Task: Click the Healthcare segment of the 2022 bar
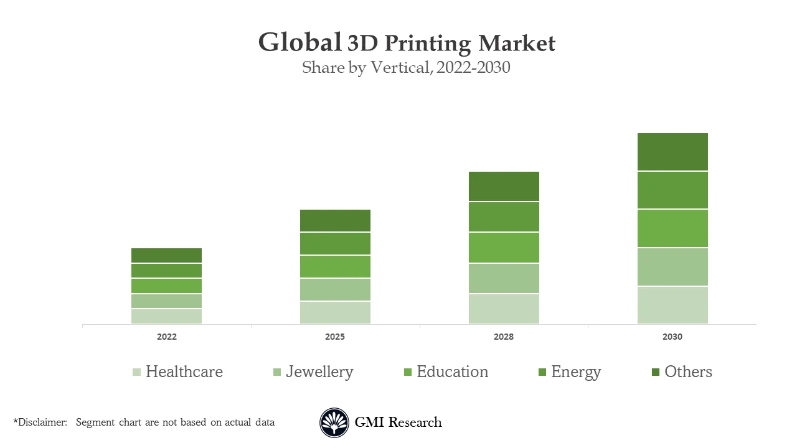pyautogui.click(x=166, y=316)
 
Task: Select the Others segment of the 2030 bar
pyautogui.click(x=672, y=152)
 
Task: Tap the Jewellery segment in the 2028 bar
pyautogui.click(x=504, y=278)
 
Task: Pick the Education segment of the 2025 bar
pyautogui.click(x=335, y=266)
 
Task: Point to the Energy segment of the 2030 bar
pyautogui.click(x=672, y=190)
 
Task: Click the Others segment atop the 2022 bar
pyautogui.click(x=166, y=255)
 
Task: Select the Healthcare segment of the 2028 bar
pyautogui.click(x=504, y=309)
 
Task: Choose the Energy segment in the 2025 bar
pyautogui.click(x=335, y=243)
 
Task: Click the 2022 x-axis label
pyautogui.click(x=166, y=337)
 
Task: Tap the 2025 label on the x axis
pyautogui.click(x=335, y=337)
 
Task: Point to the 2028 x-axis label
pyautogui.click(x=504, y=337)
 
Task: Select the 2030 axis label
pyautogui.click(x=672, y=337)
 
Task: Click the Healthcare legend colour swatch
pyautogui.click(x=136, y=372)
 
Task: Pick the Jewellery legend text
pyautogui.click(x=319, y=372)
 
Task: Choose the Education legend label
pyautogui.click(x=452, y=372)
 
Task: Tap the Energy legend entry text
pyautogui.click(x=576, y=372)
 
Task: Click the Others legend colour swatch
pyautogui.click(x=655, y=372)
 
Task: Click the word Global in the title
pyautogui.click(x=299, y=43)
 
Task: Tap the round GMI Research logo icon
pyautogui.click(x=334, y=422)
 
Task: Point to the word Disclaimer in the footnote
pyautogui.click(x=42, y=422)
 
